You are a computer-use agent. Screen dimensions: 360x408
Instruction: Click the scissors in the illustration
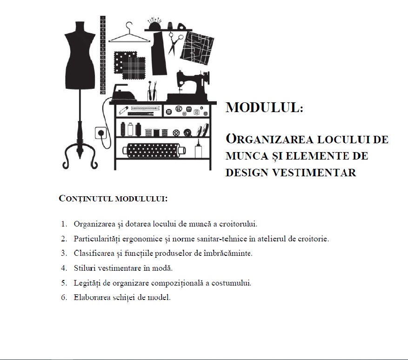(174, 42)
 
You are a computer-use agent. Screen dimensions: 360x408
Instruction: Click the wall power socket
(100, 133)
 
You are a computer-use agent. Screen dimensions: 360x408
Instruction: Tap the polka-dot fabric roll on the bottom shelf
(151, 150)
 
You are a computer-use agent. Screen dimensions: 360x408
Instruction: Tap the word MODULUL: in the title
(264, 108)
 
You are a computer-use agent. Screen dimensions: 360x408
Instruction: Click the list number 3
(64, 253)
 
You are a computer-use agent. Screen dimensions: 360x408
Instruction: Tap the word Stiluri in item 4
(84, 268)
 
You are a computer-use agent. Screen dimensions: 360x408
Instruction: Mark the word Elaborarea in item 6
(91, 298)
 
